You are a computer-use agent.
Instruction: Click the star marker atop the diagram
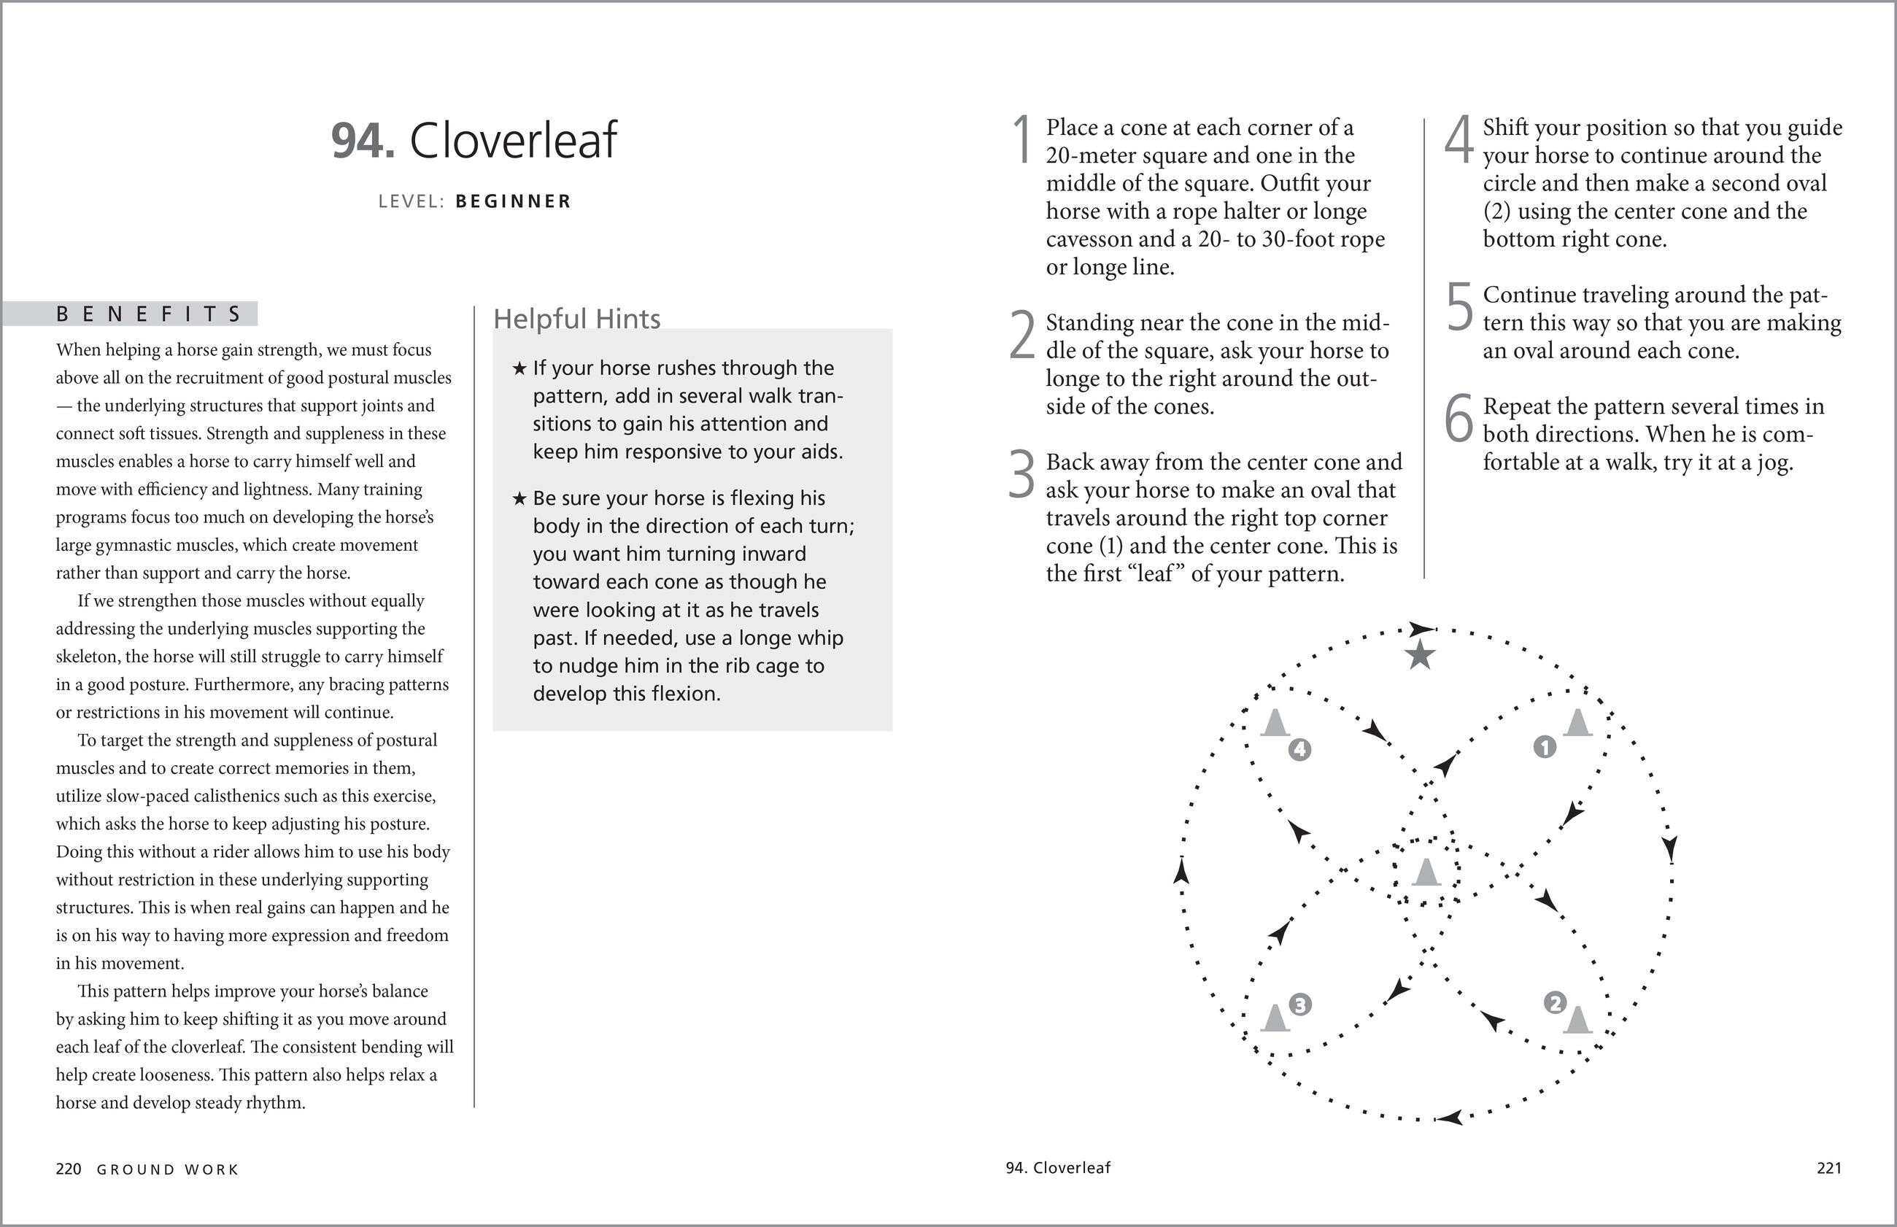click(x=1420, y=657)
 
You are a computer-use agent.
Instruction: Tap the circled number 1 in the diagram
click(x=1545, y=747)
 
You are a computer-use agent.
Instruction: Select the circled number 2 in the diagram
click(x=1554, y=1002)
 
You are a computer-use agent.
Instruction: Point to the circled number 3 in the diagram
click(x=1299, y=1005)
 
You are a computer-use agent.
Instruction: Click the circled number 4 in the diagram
click(x=1299, y=749)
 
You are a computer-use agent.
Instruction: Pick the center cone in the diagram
click(x=1426, y=872)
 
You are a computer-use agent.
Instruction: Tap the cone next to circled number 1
click(x=1577, y=722)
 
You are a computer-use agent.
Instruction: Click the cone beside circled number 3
click(x=1275, y=1018)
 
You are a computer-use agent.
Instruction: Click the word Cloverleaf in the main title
click(x=513, y=141)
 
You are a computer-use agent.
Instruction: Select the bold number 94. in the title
click(x=363, y=141)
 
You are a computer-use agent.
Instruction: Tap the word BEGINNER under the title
click(x=514, y=201)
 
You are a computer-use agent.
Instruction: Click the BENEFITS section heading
click(x=149, y=314)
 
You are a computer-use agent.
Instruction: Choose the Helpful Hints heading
click(x=577, y=319)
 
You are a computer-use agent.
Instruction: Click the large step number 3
click(x=1021, y=475)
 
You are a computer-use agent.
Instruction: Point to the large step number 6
click(x=1459, y=419)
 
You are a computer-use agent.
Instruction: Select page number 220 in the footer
click(x=69, y=1169)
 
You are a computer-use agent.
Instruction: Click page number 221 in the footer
click(x=1829, y=1168)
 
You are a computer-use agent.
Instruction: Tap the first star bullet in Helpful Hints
click(x=519, y=369)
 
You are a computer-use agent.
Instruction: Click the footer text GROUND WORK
click(x=168, y=1169)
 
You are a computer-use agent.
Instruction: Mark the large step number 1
click(x=1022, y=140)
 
